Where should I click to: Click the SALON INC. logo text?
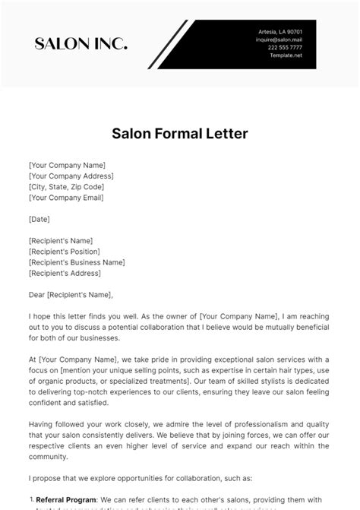81,43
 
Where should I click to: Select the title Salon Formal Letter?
179,134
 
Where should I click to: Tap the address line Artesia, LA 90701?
280,31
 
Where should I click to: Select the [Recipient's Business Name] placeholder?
76,261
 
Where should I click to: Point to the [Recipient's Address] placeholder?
65,272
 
